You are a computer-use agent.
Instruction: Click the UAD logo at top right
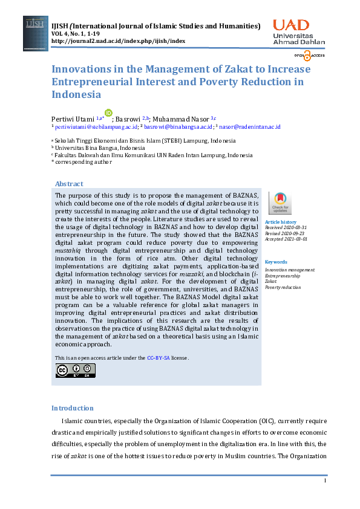coord(298,32)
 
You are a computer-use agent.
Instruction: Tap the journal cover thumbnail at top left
coord(36,32)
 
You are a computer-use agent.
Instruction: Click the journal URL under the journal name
coord(118,41)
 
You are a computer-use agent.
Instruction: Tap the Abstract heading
coord(69,184)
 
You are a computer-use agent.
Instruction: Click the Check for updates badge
coord(280,203)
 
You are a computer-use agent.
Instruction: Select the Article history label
coord(280,222)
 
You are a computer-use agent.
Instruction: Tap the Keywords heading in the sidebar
coord(276,262)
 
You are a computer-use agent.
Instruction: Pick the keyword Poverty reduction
coord(283,287)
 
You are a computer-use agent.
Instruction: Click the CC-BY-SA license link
coord(159,358)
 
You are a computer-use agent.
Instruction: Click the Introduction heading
coord(73,408)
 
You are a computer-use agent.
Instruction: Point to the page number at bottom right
coord(325,481)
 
